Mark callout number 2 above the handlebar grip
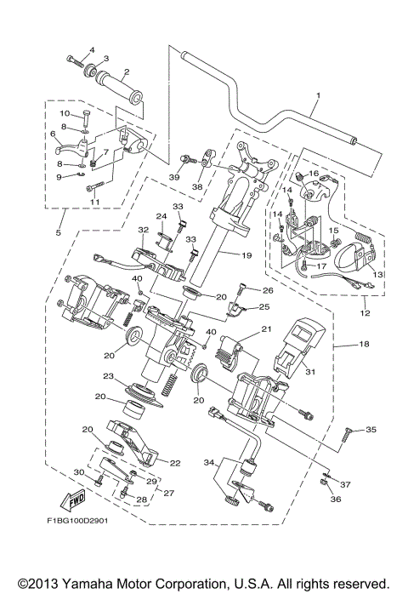pos(126,71)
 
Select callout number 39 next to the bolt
pos(173,176)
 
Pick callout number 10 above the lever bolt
pos(64,113)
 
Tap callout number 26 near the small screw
pos(266,290)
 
